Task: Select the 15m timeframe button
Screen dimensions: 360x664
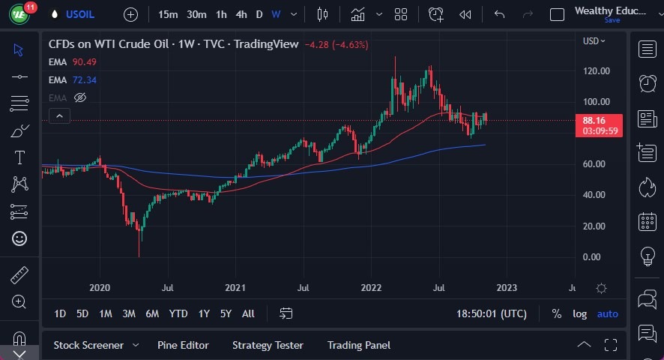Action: [x=168, y=14]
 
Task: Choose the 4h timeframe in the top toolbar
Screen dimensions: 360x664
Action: [x=241, y=14]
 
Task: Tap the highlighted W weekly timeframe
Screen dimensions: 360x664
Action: [x=276, y=14]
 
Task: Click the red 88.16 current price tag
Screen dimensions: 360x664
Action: [x=594, y=120]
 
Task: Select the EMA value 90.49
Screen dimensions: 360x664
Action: [x=85, y=62]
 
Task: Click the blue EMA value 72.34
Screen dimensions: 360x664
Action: [x=85, y=80]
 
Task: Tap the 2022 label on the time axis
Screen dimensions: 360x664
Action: [x=371, y=287]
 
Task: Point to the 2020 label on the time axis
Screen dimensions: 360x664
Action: [x=100, y=287]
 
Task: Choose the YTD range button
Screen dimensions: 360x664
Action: [x=178, y=313]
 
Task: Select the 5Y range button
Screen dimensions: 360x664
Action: [x=226, y=313]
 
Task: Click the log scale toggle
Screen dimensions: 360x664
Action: [x=579, y=313]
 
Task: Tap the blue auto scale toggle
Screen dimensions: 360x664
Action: [x=608, y=313]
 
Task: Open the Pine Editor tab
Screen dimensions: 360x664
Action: [x=183, y=345]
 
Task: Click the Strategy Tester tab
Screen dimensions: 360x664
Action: [x=268, y=345]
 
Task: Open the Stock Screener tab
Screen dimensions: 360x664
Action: [x=88, y=345]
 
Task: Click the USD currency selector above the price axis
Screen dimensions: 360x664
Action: [x=594, y=41]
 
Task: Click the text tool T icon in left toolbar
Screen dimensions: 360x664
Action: [x=19, y=157]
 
